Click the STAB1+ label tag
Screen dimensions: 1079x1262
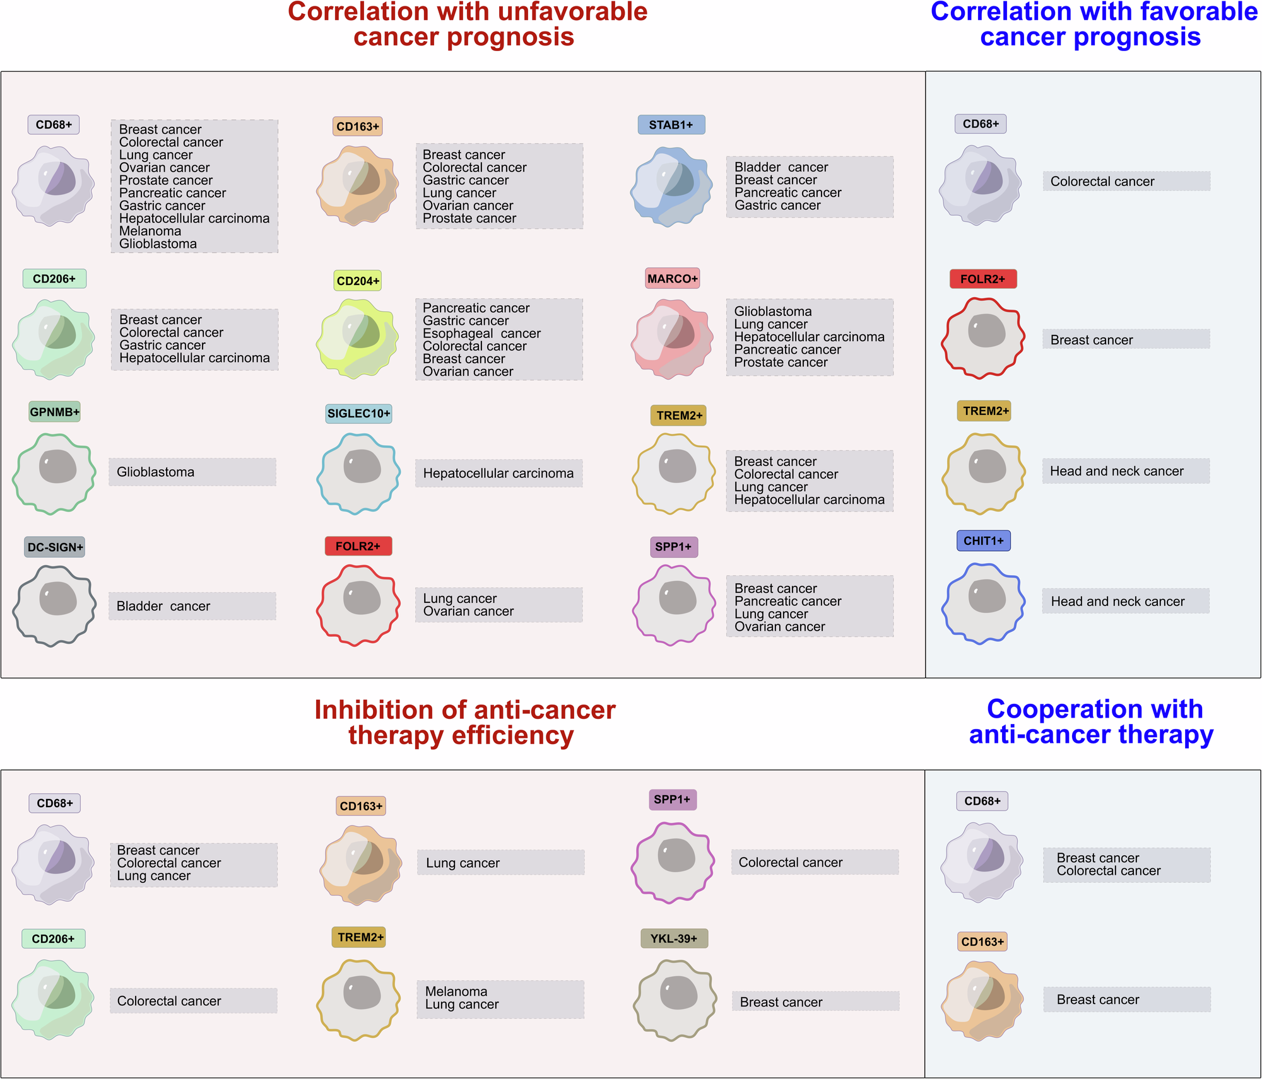tap(671, 125)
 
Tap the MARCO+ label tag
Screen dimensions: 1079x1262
tap(672, 279)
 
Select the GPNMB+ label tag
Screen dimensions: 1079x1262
tap(55, 412)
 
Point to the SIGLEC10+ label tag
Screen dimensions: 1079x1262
tap(358, 414)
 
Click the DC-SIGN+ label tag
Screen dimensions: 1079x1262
tap(55, 547)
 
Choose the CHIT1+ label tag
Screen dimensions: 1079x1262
tap(983, 541)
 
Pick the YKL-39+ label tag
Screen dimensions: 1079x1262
tap(673, 938)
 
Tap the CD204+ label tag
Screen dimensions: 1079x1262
tap(358, 281)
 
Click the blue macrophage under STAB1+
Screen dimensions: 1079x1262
tap(671, 186)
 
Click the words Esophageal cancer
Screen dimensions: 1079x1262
tap(481, 334)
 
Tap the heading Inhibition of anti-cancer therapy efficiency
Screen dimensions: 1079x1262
tap(464, 723)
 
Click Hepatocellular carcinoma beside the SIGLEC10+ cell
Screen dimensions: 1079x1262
tap(498, 474)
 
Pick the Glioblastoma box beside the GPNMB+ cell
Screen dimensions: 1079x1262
tap(192, 472)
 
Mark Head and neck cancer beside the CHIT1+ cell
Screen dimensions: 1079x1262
tap(1118, 602)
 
